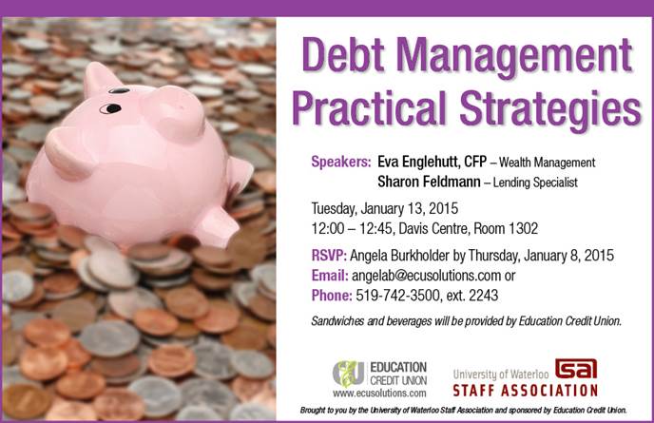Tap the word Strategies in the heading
pos(550,109)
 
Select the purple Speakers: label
pos(341,162)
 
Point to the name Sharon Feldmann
pos(429,182)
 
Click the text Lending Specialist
pos(535,183)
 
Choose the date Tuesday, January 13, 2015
pos(385,208)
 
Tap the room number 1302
pos(523,228)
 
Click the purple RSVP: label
pos(329,256)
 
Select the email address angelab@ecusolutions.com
pos(426,276)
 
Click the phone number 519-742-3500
pos(397,296)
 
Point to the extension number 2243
pos(484,296)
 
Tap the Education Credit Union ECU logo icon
pos(348,374)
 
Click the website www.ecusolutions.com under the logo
pos(379,394)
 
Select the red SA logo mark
pos(576,369)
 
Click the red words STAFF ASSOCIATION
pos(526,391)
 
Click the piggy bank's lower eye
pos(110,109)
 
